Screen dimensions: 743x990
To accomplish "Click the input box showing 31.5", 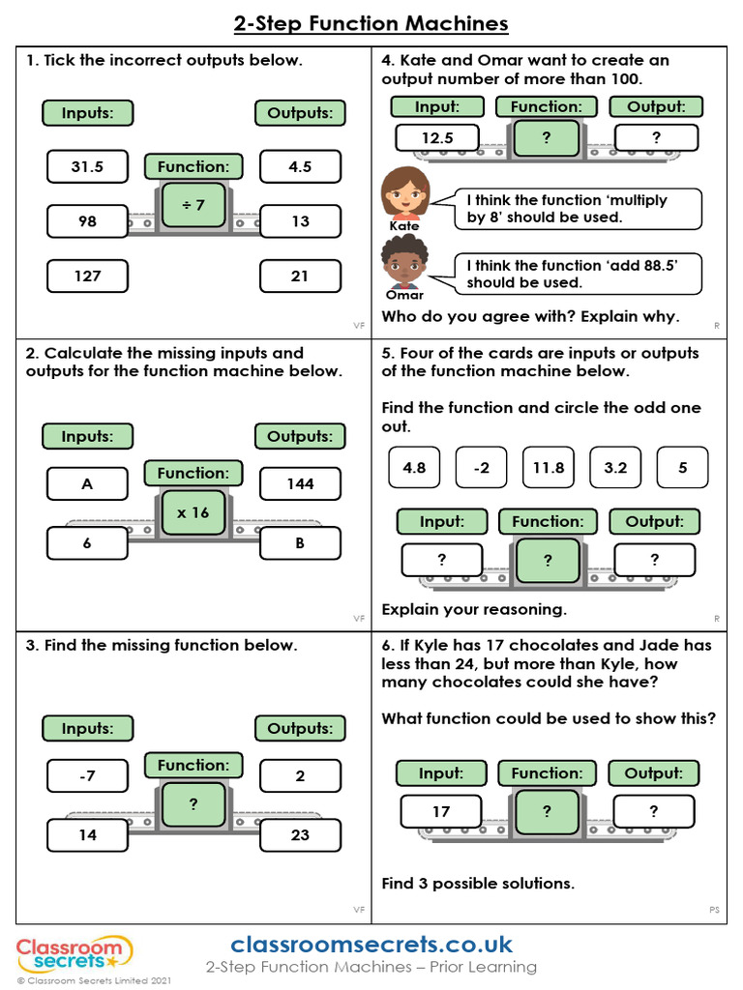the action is [x=87, y=166].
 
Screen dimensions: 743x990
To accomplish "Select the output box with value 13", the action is [x=300, y=221].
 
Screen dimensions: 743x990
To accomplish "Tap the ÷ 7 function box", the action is [x=193, y=205].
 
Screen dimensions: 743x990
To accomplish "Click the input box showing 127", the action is [x=87, y=276].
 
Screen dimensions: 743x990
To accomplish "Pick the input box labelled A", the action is [x=87, y=483].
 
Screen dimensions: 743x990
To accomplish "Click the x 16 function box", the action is [x=193, y=512].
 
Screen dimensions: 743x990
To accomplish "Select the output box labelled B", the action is [x=300, y=543].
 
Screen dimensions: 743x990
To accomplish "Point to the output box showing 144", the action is [x=300, y=483].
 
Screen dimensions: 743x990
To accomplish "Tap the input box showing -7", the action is [x=87, y=775].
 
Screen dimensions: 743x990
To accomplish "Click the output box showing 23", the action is [x=300, y=834].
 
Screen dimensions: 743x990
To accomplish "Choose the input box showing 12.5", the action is [x=437, y=137].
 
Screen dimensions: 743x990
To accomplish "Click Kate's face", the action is [x=405, y=193].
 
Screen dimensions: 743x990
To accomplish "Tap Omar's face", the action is [x=404, y=262].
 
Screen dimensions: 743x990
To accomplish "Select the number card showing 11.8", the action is [x=549, y=468].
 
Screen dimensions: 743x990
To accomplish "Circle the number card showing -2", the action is [x=482, y=468].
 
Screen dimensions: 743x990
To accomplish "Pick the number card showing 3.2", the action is [x=615, y=468].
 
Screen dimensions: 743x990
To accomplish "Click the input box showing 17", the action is [x=441, y=811].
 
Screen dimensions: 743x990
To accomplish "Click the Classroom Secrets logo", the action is [x=74, y=953].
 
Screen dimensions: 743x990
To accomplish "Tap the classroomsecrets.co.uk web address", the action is [x=371, y=945].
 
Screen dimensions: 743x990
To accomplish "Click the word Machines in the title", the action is [x=457, y=24].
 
